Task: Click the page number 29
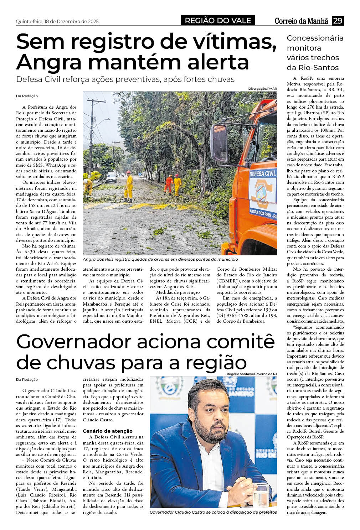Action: pos(338,21)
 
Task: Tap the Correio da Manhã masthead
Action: pos(301,21)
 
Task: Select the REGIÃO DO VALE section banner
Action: pos(218,21)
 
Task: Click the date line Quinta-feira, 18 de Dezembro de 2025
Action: pos(57,21)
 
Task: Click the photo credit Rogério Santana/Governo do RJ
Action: pos(251,374)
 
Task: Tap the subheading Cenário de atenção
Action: pos(107,431)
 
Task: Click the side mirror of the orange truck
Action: pos(219,142)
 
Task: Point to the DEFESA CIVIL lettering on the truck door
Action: pos(263,174)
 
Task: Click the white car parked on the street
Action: pos(111,177)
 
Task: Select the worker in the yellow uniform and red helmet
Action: pos(128,186)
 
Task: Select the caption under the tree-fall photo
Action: pos(160,259)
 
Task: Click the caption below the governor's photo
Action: pos(213,512)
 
